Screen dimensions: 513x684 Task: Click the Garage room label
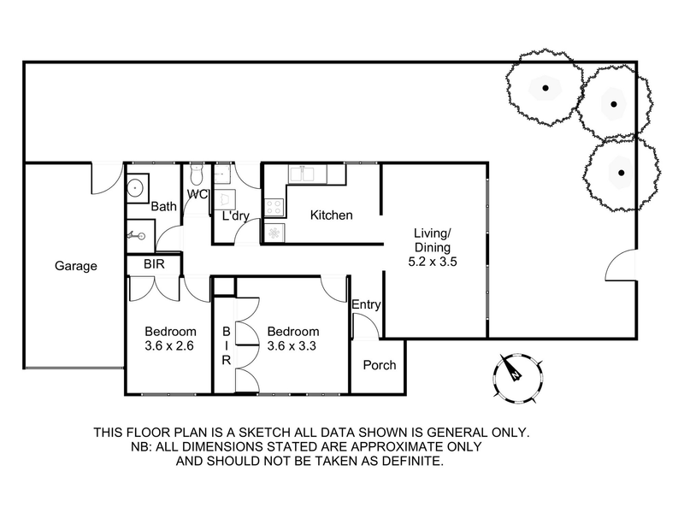coord(76,266)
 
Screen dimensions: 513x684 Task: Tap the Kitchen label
coord(331,215)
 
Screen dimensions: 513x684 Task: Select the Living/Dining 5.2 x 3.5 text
coord(433,247)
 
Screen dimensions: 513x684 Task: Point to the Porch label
coord(380,365)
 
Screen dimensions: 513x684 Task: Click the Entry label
coord(366,305)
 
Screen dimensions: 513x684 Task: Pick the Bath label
coord(163,207)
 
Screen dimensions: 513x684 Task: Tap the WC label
coord(198,194)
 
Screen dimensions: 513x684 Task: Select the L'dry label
coord(235,216)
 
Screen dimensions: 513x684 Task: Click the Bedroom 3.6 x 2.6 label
coord(170,339)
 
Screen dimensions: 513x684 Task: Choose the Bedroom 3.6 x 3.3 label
coord(293,339)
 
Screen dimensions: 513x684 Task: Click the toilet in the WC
coord(197,174)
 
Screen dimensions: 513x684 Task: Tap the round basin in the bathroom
coord(137,188)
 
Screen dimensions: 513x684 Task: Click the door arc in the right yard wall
coord(621,264)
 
